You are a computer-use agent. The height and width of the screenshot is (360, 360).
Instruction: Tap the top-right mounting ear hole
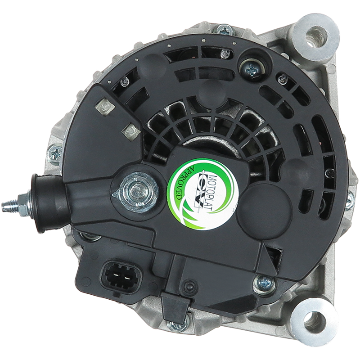pyautogui.click(x=315, y=37)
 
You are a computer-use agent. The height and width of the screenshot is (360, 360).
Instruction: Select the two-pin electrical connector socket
pyautogui.click(x=121, y=277)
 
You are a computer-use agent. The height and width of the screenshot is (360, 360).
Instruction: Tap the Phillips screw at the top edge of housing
pyautogui.click(x=224, y=30)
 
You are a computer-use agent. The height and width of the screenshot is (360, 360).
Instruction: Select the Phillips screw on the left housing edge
pyautogui.click(x=55, y=153)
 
